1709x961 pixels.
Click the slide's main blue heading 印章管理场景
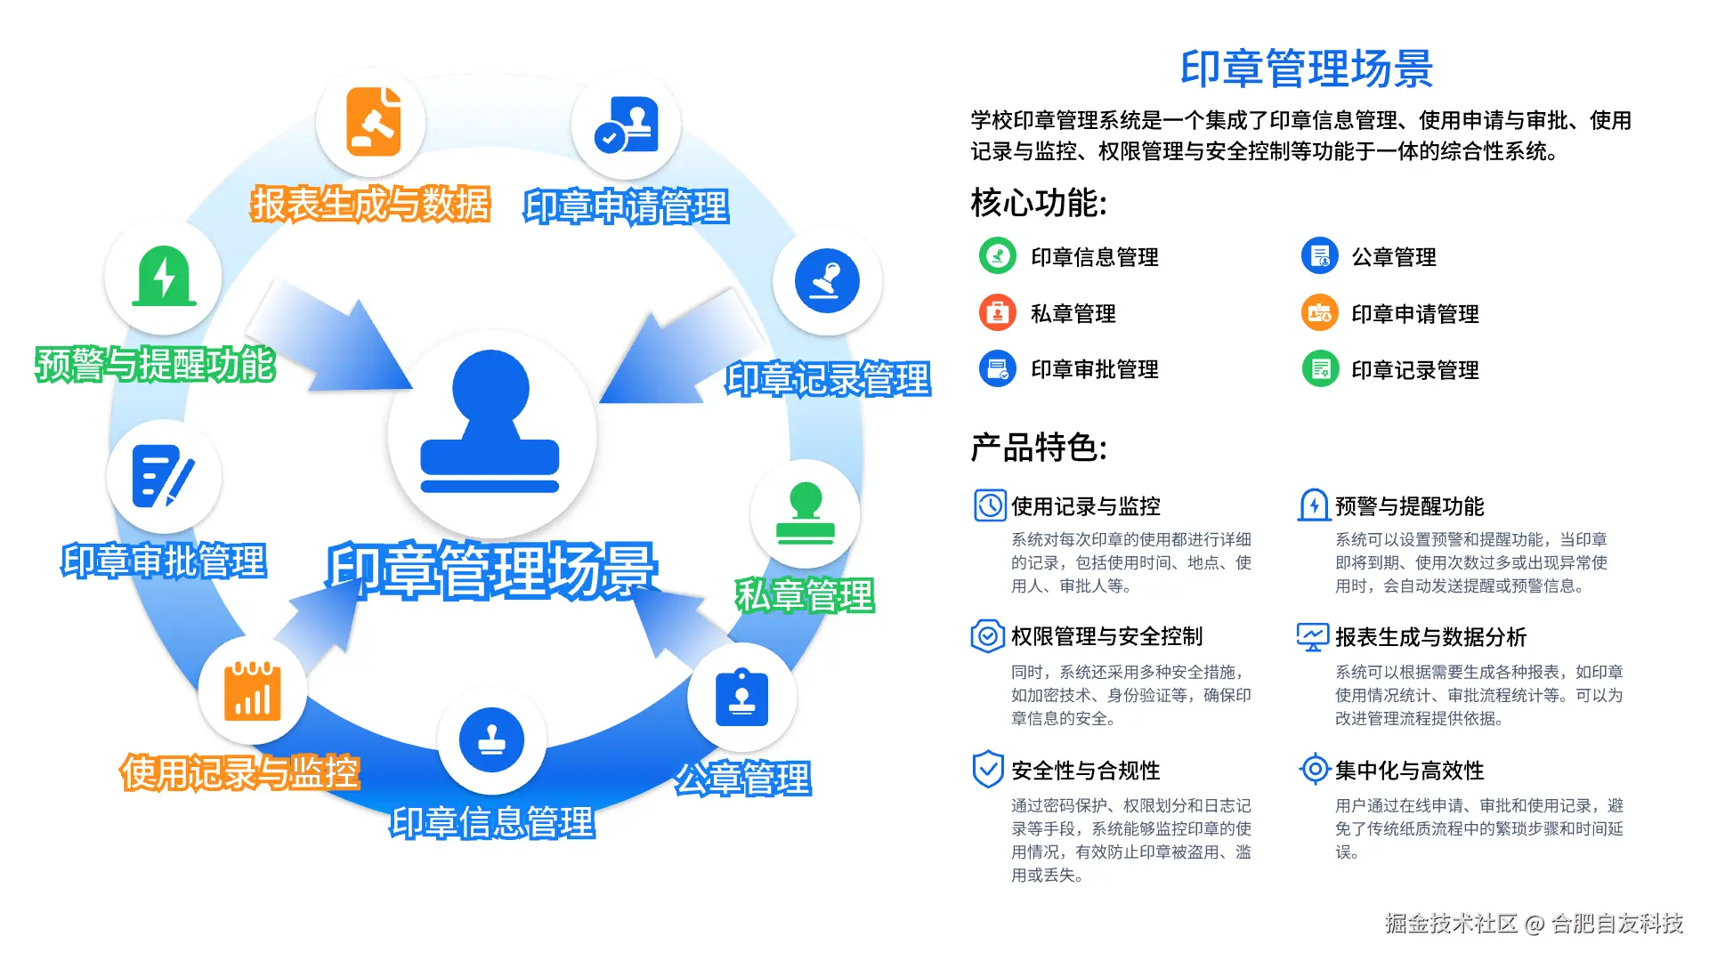click(1306, 69)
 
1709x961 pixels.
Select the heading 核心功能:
click(1038, 203)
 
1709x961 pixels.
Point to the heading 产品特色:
click(1038, 447)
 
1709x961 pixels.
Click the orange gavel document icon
click(372, 122)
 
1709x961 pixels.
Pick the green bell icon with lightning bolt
click(164, 277)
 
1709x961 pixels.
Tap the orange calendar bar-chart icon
click(253, 691)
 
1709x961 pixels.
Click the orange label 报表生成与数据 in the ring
click(370, 204)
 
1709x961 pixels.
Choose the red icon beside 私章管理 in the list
click(997, 313)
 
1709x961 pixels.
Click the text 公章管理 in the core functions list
click(1394, 257)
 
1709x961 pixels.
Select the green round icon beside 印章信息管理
click(997, 256)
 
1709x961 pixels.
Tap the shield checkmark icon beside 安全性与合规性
click(988, 770)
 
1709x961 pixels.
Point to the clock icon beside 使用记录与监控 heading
click(989, 505)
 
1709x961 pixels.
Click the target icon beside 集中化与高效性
click(1315, 769)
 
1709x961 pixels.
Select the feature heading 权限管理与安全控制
click(1106, 636)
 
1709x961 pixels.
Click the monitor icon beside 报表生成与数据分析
click(1313, 636)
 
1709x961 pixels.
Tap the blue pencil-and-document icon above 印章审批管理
click(163, 477)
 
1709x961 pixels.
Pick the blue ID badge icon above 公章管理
click(741, 698)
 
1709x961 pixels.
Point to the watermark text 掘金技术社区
click(1451, 924)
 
